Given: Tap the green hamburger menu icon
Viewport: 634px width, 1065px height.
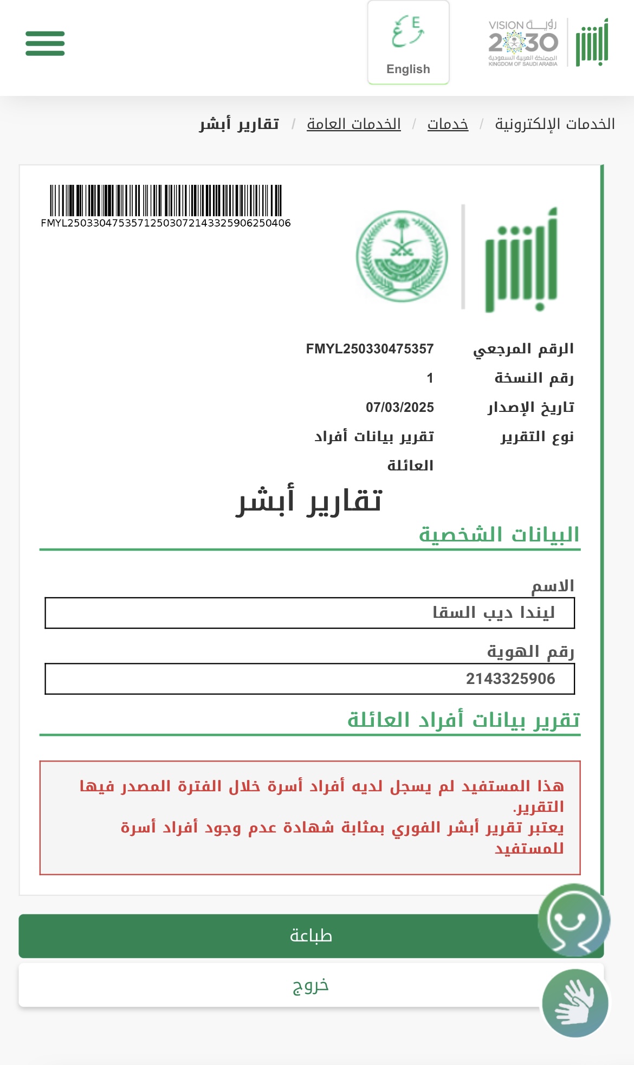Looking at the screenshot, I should point(45,43).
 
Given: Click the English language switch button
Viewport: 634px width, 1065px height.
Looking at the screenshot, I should point(408,43).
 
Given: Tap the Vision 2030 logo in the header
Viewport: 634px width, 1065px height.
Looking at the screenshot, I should point(523,43).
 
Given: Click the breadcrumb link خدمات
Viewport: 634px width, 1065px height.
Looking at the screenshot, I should point(448,124).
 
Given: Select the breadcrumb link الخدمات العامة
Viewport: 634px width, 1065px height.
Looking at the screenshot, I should point(353,124).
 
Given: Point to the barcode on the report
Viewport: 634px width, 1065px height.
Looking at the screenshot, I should point(166,201).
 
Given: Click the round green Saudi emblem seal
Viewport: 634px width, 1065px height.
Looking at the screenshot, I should point(402,256).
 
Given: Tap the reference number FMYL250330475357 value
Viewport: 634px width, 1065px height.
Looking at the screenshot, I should point(370,348).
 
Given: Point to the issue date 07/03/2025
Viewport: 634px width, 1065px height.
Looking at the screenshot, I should point(399,407).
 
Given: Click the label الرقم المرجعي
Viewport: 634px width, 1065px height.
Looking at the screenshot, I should point(523,349).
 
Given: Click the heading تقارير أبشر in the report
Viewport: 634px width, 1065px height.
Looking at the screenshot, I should point(309,500).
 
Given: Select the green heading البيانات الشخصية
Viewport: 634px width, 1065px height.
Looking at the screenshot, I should point(499,534).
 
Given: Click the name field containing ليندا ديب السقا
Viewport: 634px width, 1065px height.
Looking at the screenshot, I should point(309,613).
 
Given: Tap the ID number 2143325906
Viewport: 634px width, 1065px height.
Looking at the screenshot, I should point(510,679).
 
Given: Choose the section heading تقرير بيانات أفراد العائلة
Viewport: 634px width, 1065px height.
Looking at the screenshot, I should point(463,720).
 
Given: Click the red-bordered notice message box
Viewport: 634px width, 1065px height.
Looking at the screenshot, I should point(309,817).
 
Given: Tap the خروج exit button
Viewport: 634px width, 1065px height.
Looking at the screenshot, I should point(310,985).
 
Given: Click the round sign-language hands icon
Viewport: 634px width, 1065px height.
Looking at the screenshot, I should point(575,1003).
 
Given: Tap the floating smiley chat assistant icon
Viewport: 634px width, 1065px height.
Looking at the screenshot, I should point(573,919).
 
